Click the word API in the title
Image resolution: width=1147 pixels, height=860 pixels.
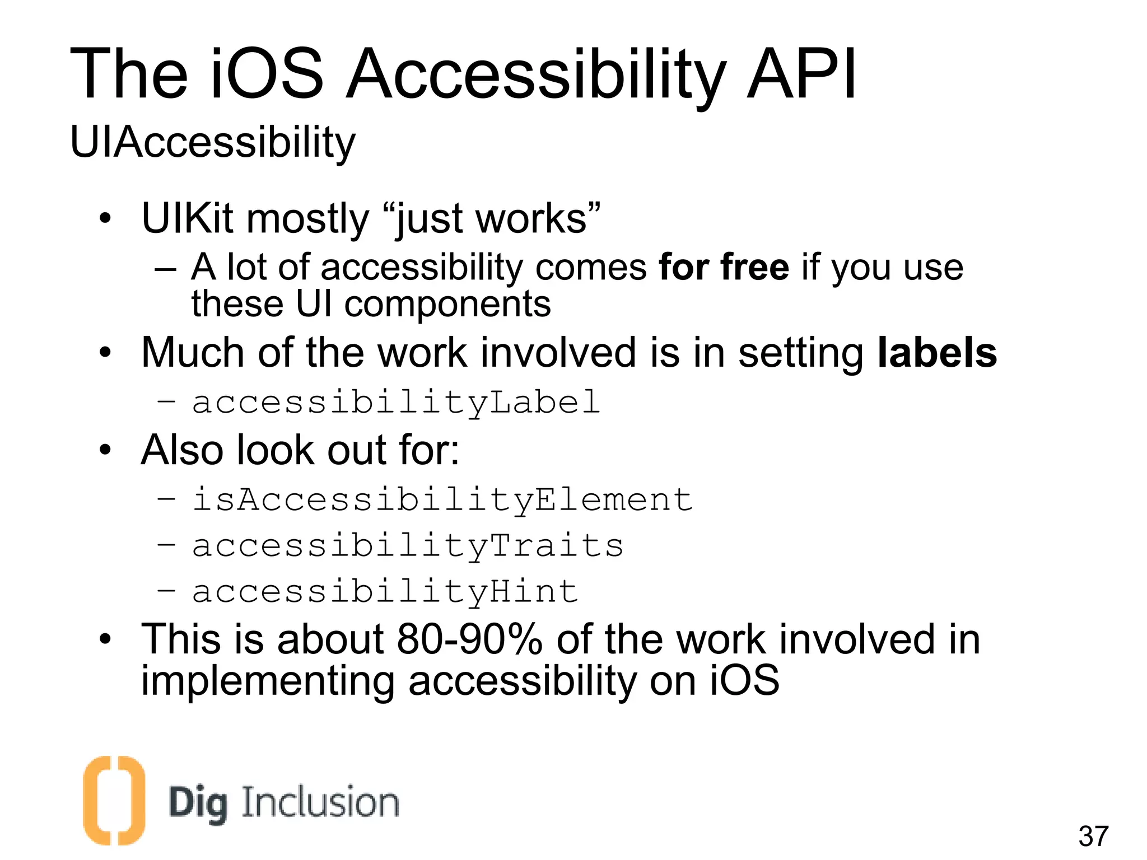pos(801,74)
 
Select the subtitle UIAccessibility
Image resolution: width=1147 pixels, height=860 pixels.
pos(213,142)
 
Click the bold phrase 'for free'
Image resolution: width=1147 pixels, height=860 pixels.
pos(724,267)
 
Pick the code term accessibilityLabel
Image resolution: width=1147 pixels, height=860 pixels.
pos(396,403)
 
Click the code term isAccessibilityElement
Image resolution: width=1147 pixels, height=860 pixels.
pos(442,499)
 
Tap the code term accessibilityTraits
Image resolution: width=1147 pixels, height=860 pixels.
pos(408,546)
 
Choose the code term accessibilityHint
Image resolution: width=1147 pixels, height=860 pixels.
pos(385,592)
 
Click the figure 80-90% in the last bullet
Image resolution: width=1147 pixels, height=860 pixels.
pos(469,639)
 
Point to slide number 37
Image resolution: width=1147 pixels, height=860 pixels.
pos(1093,836)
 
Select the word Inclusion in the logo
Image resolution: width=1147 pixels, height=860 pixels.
pos(320,802)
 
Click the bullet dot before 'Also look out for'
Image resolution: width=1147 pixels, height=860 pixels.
pos(105,450)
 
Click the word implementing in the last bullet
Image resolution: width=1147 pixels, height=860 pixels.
pos(268,681)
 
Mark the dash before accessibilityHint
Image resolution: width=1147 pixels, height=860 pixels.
pos(166,590)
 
